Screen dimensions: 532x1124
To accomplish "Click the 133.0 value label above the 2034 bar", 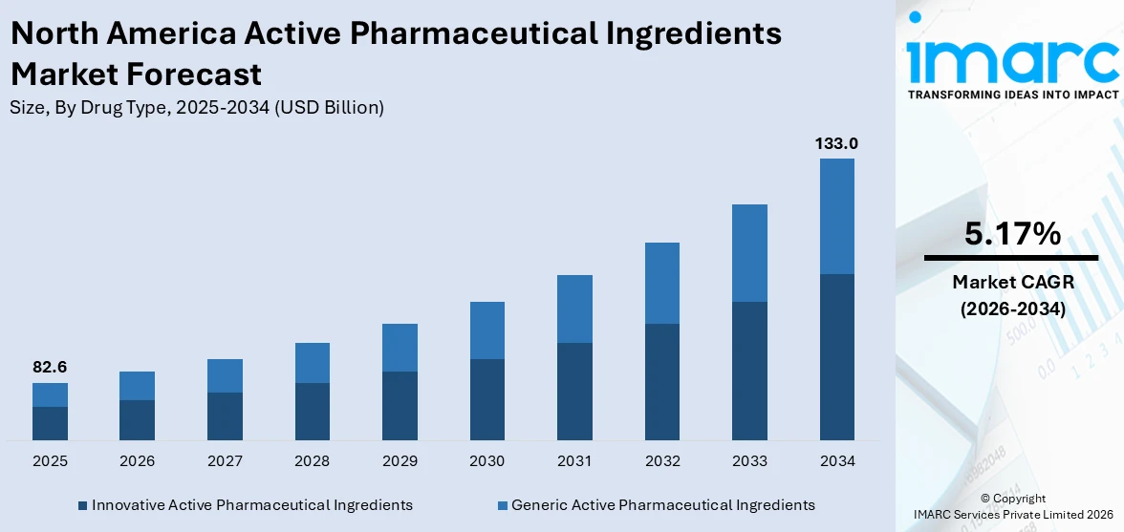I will pos(836,143).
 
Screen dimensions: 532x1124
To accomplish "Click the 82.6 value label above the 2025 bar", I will pos(50,368).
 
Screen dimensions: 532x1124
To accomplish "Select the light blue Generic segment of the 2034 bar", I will pos(836,216).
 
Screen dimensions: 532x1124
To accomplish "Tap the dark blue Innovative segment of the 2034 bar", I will pos(836,356).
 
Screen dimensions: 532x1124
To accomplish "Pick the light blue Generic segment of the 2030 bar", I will pos(486,330).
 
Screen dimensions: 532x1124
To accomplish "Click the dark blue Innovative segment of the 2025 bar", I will pos(50,423).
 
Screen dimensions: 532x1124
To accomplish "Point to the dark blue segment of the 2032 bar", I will pos(661,381).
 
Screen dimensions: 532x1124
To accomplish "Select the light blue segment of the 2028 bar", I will pos(312,363).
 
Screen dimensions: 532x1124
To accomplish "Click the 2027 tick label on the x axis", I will pos(225,461).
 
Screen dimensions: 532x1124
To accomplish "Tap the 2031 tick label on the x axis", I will pos(574,461).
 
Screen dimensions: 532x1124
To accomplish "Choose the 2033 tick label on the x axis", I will pos(749,461).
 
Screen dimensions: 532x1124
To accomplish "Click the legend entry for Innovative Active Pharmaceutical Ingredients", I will pos(251,504).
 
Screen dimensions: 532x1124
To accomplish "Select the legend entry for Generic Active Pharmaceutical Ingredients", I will pos(662,504).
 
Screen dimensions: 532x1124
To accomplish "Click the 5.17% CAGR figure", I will pos(1012,234).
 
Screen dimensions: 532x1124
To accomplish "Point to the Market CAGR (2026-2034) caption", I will pos(1012,295).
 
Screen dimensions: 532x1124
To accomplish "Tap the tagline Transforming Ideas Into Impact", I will pos(1012,95).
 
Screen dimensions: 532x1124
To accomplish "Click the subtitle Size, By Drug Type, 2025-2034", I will pos(197,108).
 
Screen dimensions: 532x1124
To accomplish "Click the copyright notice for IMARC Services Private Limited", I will pos(1012,506).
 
